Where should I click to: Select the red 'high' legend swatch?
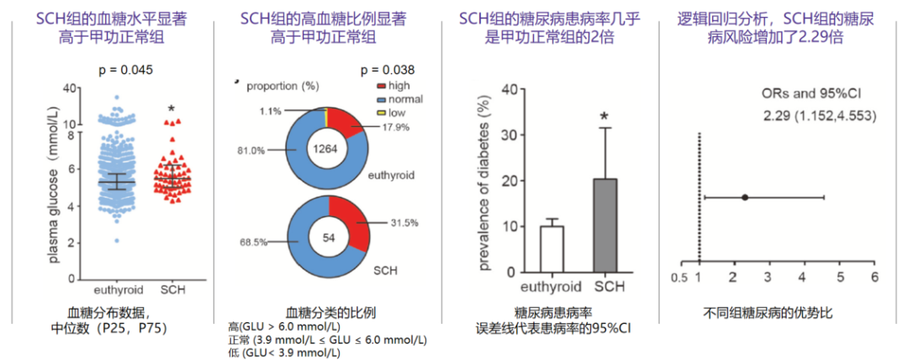[381, 86]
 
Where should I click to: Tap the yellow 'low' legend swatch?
[381, 111]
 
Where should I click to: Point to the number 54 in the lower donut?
[328, 238]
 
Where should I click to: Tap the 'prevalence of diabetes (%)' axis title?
[484, 180]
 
